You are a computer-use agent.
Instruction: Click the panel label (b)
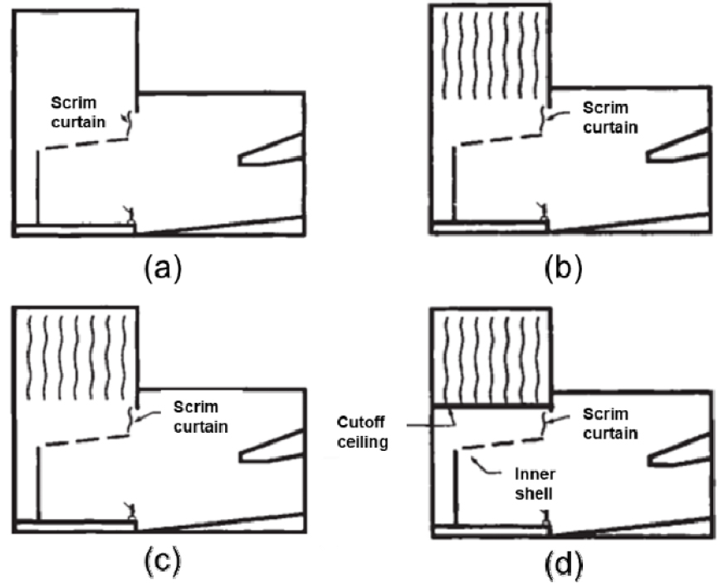pos(563,267)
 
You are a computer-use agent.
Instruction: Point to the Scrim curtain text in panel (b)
pos(609,117)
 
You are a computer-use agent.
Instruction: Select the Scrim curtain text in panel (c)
pos(200,415)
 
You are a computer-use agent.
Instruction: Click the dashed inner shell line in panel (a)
pos(83,145)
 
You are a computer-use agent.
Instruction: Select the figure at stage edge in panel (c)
pos(129,509)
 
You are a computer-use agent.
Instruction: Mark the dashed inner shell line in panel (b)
pos(498,141)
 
